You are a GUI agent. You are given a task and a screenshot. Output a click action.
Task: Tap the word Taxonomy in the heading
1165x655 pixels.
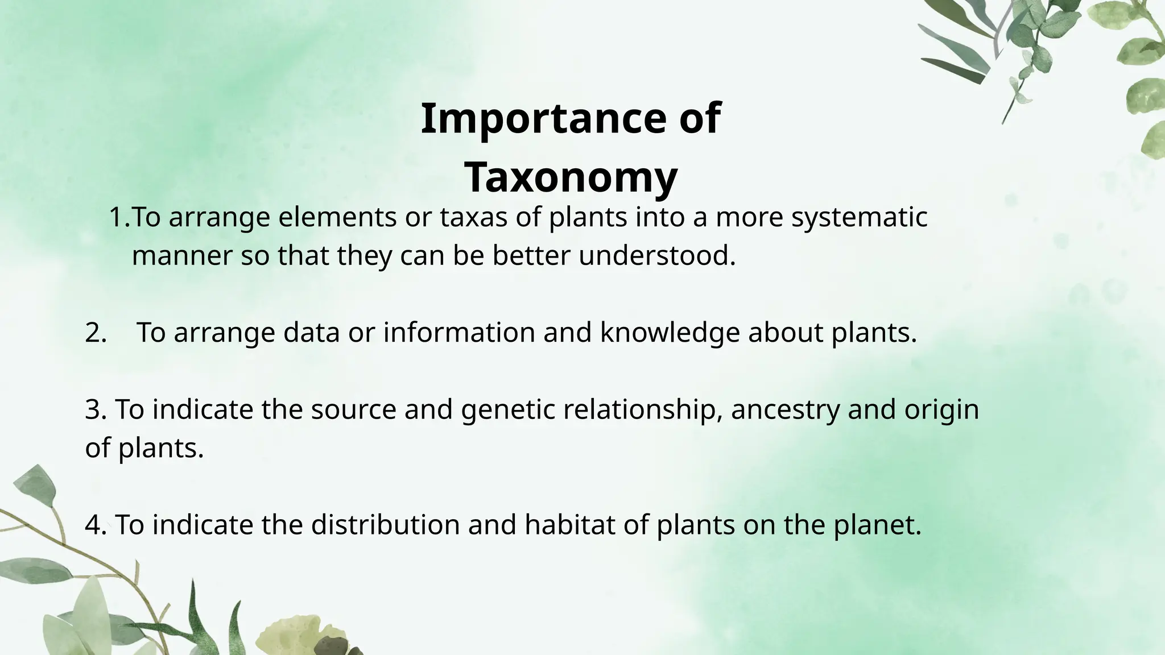571,177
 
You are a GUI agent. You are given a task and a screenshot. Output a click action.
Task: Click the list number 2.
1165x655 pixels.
96,333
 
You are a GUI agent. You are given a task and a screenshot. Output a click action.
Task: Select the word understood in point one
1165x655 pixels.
657,256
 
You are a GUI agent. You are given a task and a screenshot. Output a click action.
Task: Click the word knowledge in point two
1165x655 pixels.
670,333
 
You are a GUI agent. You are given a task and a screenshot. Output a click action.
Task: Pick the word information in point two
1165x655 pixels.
459,333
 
